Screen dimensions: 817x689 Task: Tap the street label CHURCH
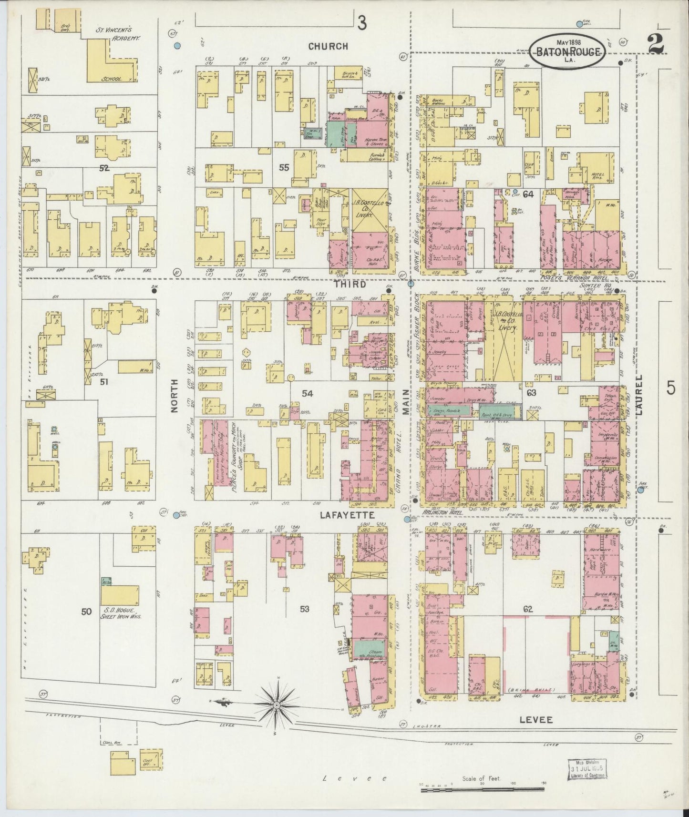(x=328, y=46)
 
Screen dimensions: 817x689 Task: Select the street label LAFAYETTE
(x=341, y=515)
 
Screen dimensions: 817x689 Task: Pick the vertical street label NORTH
(x=174, y=395)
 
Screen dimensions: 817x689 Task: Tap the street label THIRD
(x=350, y=285)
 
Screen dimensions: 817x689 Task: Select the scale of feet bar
(x=485, y=790)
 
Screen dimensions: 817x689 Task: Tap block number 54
(x=308, y=393)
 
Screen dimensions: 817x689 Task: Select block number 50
(x=86, y=612)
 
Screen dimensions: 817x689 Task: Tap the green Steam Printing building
(x=368, y=651)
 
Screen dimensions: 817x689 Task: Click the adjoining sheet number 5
(x=670, y=388)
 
